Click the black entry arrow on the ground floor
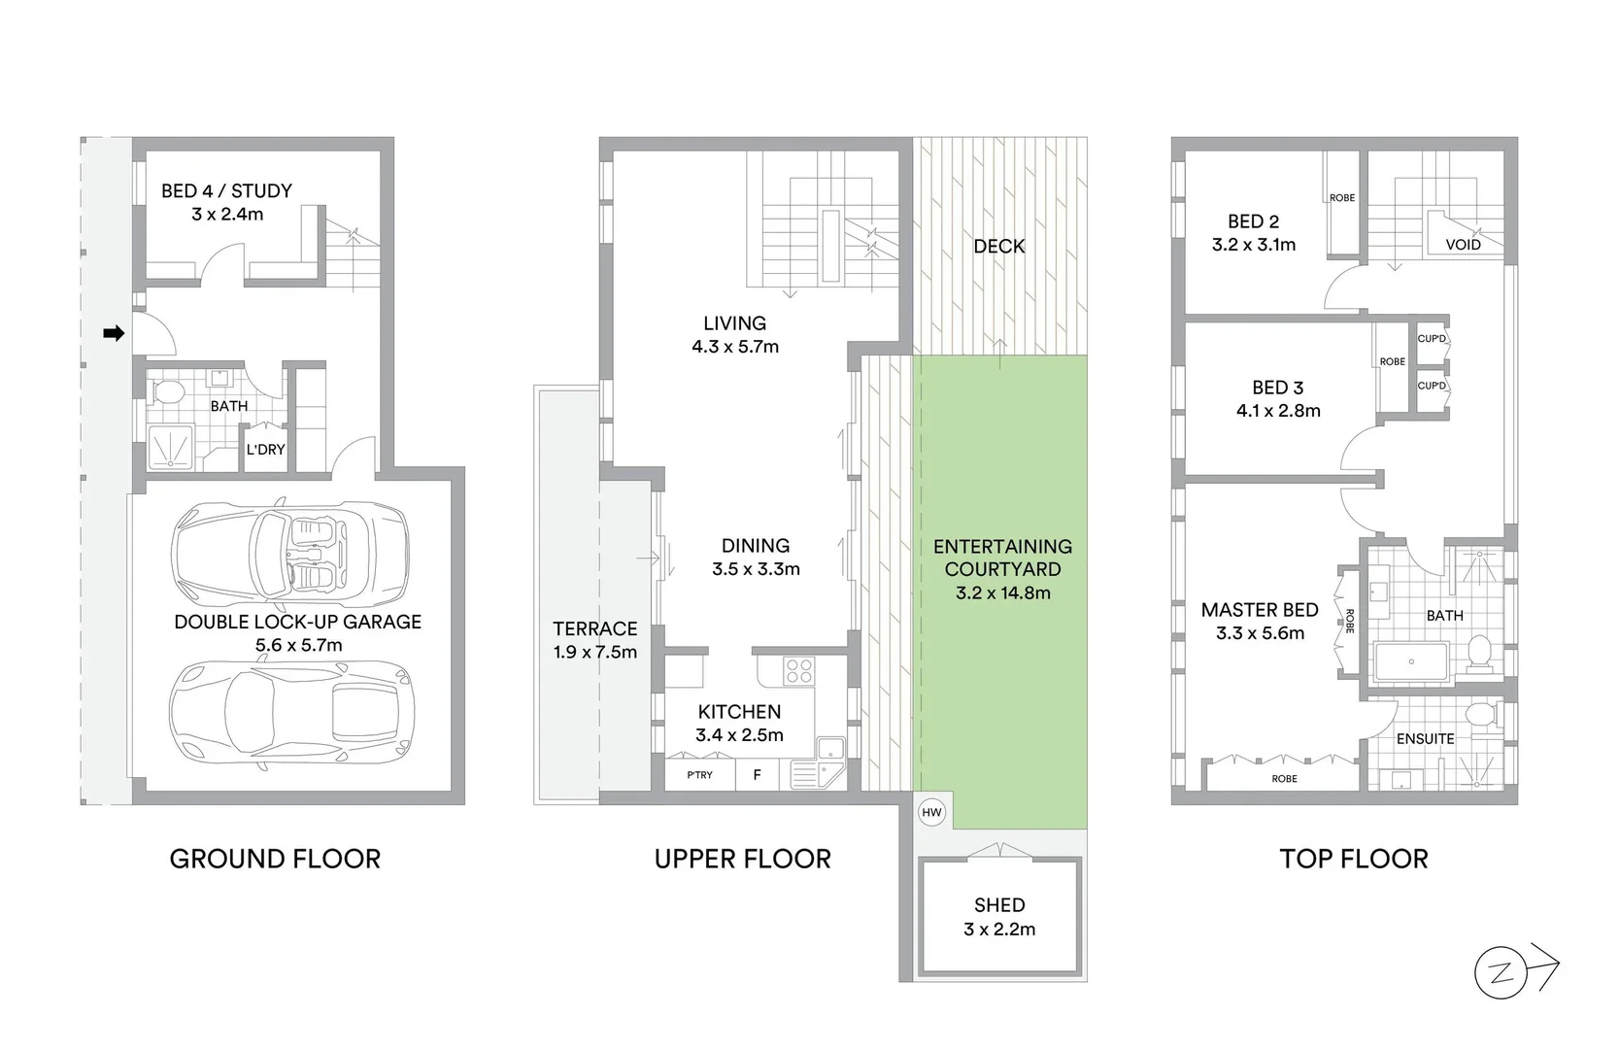[x=114, y=334]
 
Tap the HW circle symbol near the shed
[x=931, y=812]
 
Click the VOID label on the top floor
[x=1463, y=245]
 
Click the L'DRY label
[x=265, y=450]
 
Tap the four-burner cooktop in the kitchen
[x=798, y=671]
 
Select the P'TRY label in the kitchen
[x=699, y=775]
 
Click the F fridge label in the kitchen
[x=758, y=775]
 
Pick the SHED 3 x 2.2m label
[x=999, y=917]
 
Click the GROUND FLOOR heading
[x=275, y=859]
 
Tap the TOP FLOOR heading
[x=1353, y=859]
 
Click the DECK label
[x=999, y=247]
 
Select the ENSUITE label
[x=1425, y=739]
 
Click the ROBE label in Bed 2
[x=1342, y=198]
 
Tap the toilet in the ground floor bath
[x=168, y=392]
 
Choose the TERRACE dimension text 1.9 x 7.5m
[x=595, y=653]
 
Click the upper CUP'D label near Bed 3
[x=1432, y=339]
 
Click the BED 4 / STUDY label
[x=226, y=191]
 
